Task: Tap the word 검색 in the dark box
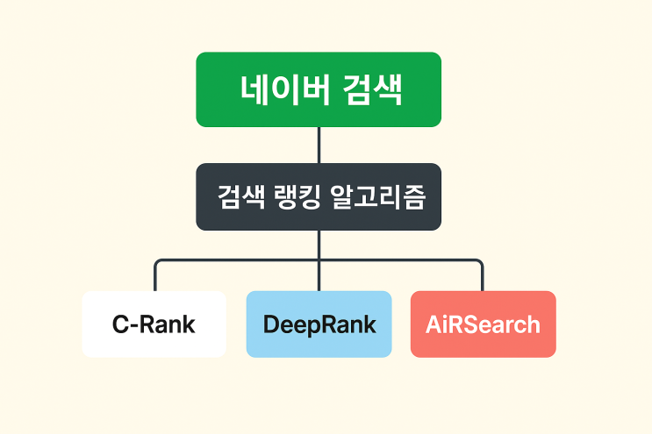pos(237,197)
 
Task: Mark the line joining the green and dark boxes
pos(319,145)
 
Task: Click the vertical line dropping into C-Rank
pos(155,279)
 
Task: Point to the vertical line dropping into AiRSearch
pos(483,279)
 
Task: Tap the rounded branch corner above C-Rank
pos(158,262)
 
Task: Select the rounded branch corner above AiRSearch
pos(480,262)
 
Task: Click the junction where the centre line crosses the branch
pos(319,260)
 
